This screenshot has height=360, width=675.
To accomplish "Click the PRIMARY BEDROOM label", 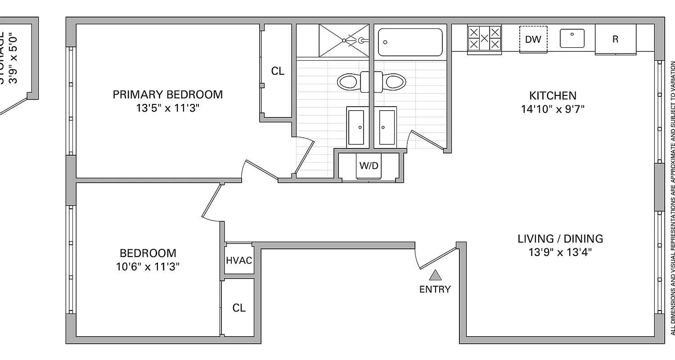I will coord(167,94).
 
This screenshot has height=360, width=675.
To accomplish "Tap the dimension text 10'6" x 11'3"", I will coord(148,266).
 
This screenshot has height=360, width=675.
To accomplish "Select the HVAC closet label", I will coord(239,261).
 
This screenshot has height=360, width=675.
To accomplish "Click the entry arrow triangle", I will coord(435,275).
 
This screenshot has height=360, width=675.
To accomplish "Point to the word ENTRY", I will coord(435,289).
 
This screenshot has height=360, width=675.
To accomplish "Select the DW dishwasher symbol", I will coord(533,39).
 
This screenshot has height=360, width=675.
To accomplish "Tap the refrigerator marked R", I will coord(615,39).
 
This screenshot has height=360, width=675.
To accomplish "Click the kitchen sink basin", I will coord(572,38).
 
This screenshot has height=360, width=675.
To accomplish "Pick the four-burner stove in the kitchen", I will coord(485,38).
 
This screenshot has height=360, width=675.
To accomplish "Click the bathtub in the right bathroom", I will coord(410,42).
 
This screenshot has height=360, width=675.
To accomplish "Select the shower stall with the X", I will coord(343,40).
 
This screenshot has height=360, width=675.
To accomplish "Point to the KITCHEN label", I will coord(553,95).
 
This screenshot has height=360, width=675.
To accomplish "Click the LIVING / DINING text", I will coord(560,238).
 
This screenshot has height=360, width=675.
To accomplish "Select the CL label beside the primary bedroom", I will coord(278,71).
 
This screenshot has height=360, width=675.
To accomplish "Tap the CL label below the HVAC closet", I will coord(239,308).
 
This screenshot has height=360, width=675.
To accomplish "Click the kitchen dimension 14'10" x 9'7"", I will coord(553,109).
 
